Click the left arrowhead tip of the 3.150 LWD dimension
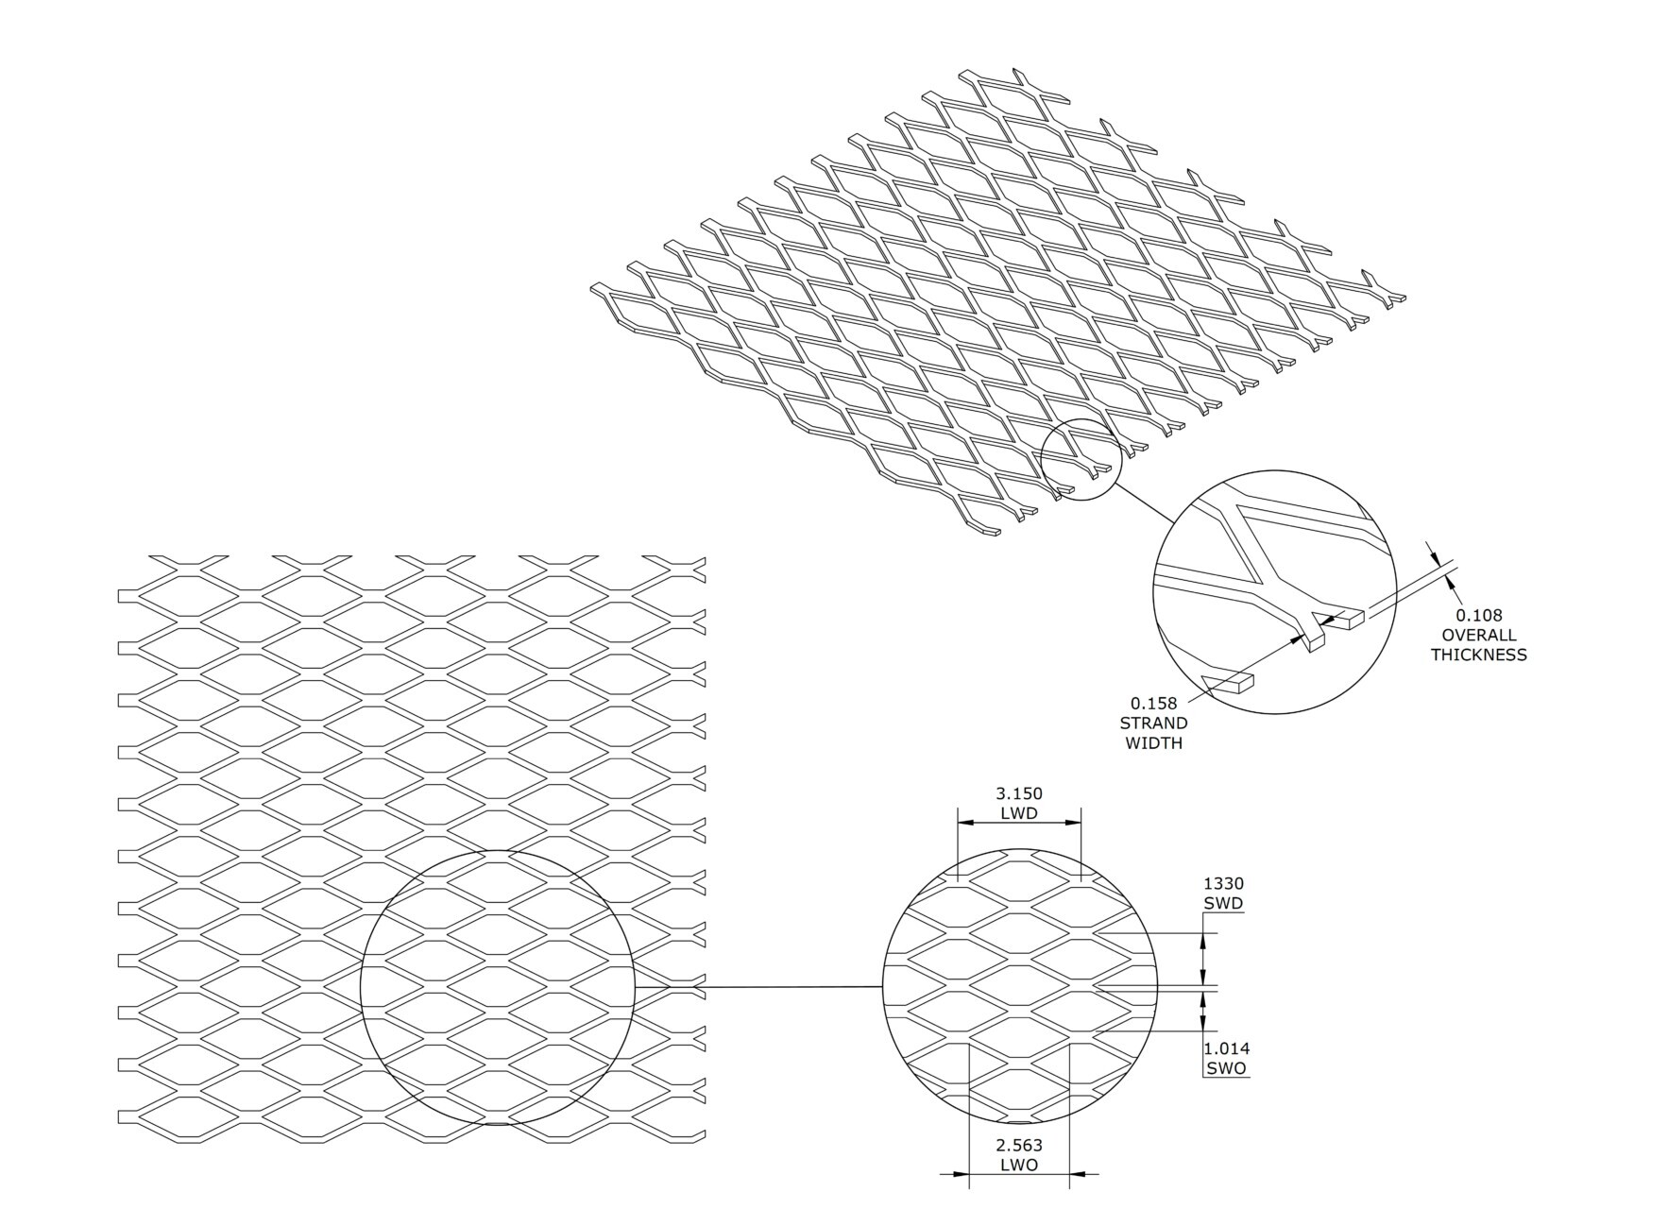coord(958,823)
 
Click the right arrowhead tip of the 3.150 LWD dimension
coord(1081,823)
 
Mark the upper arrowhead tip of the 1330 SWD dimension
coord(1202,934)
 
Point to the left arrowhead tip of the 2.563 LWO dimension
coord(969,1175)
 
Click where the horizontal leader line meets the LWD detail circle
coord(882,988)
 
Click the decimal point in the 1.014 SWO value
coord(1215,1053)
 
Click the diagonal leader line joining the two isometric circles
coord(1145,503)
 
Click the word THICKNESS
coord(1478,656)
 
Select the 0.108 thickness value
coord(1478,616)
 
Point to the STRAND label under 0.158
coord(1153,724)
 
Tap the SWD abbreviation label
coord(1223,903)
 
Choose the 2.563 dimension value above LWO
coord(1019,1146)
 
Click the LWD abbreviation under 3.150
coord(1019,813)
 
